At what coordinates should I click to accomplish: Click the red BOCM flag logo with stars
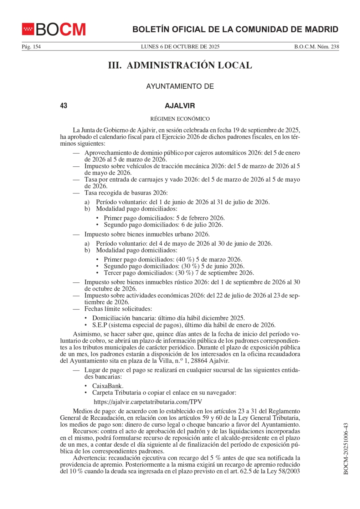click(28, 29)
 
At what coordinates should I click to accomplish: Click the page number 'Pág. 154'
click(31, 47)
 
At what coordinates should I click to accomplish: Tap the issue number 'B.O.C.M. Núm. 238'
click(316, 47)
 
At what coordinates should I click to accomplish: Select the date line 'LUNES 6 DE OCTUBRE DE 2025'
click(180, 47)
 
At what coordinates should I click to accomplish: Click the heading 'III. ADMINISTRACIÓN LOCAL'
click(180, 66)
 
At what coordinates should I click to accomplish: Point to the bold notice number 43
click(64, 106)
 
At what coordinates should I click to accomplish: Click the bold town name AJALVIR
click(180, 106)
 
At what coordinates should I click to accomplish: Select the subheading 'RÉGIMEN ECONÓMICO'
click(180, 119)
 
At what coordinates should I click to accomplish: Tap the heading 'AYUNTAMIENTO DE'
click(180, 87)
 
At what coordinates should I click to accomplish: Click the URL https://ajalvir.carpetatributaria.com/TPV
click(148, 402)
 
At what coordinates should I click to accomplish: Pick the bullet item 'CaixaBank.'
click(108, 386)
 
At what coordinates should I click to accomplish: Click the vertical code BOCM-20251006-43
click(345, 449)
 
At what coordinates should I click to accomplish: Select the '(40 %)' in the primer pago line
click(185, 260)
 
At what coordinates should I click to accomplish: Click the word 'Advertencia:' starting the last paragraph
click(90, 458)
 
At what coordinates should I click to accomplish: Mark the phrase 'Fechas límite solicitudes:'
click(118, 309)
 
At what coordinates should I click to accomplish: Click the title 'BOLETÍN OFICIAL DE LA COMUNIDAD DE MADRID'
click(235, 30)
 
